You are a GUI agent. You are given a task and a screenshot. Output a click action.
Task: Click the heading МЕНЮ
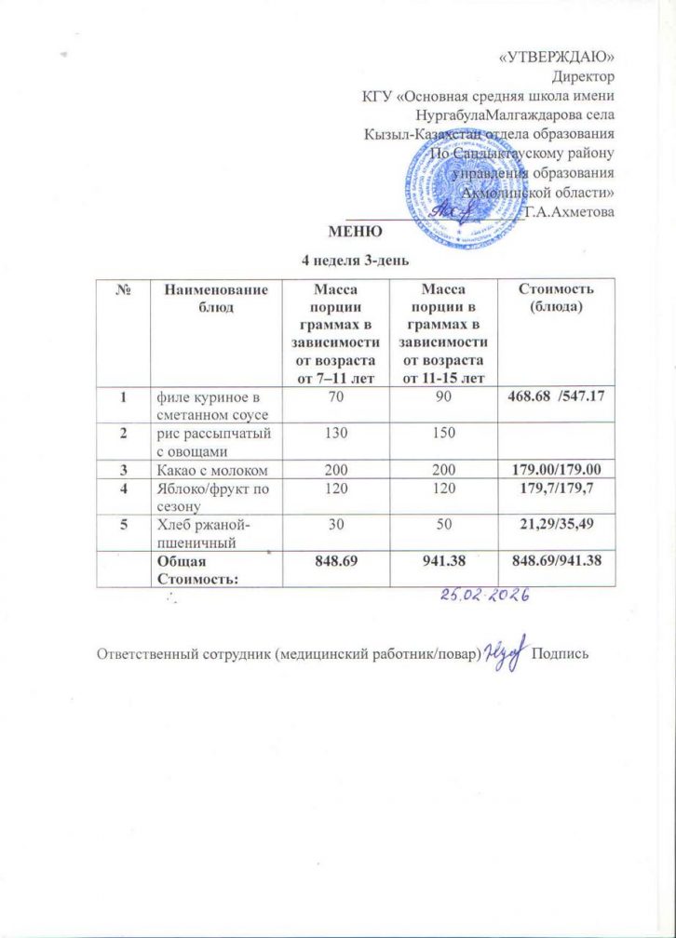tap(349, 231)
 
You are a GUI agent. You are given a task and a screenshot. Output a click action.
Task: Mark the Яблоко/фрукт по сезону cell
tap(209, 491)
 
